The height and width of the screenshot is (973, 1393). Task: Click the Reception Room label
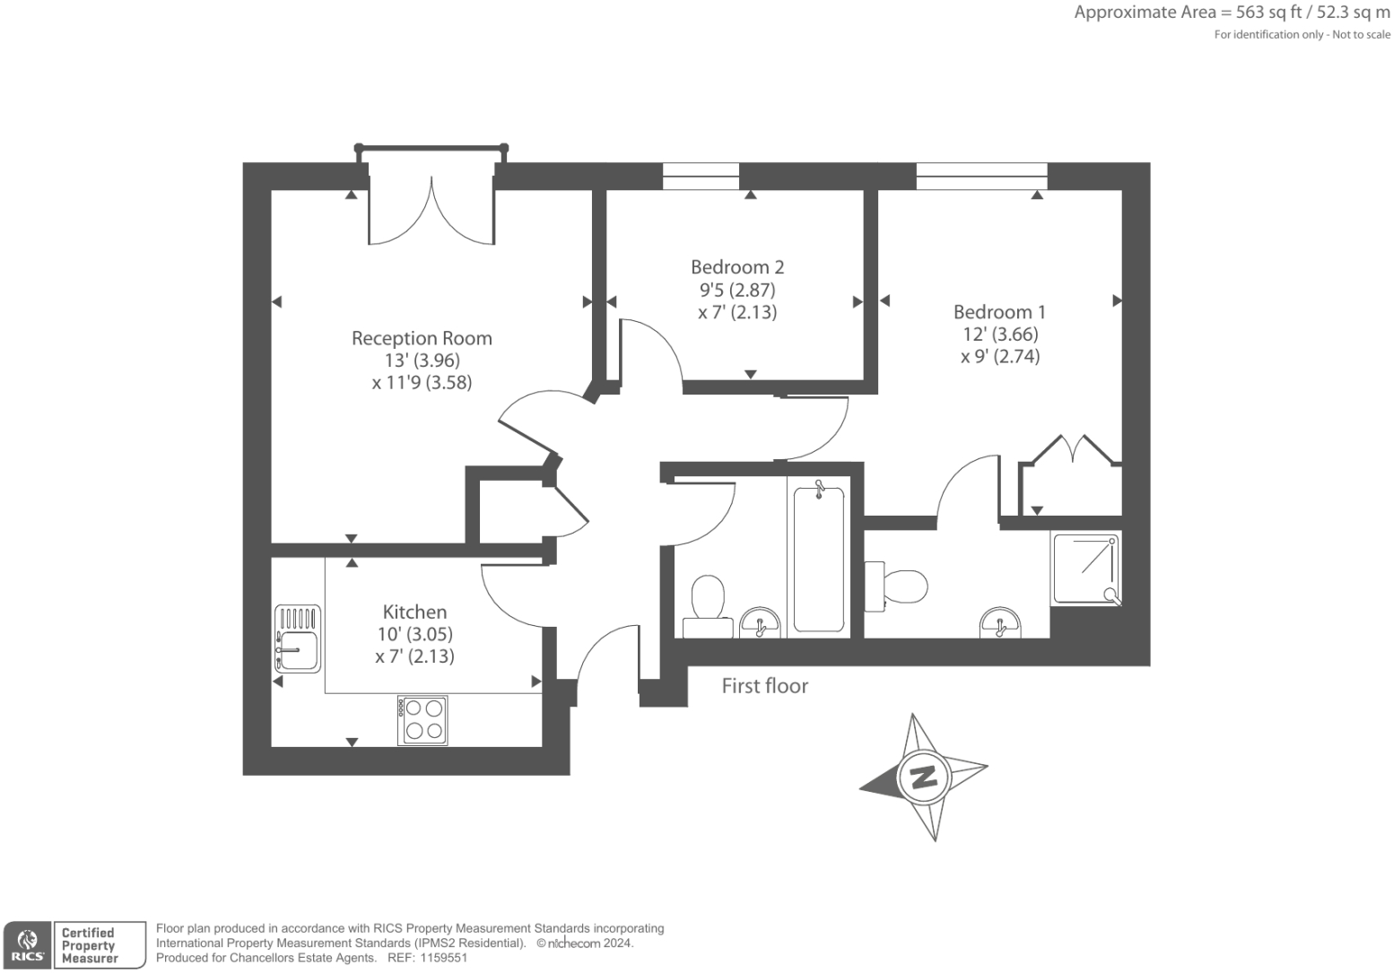[422, 339]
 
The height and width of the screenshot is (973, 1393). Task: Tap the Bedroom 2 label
[737, 267]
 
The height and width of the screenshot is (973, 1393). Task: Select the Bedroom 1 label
[999, 312]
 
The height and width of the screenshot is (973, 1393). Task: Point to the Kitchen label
[414, 612]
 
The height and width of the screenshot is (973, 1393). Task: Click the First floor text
[765, 686]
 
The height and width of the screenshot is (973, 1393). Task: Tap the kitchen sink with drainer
[298, 639]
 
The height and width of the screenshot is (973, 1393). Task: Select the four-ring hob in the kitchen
[422, 720]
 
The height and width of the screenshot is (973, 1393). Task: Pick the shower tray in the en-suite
[1085, 568]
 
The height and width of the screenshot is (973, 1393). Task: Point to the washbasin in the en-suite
[999, 622]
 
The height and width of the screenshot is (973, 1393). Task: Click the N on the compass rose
[923, 777]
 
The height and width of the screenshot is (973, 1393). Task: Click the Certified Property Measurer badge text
[89, 945]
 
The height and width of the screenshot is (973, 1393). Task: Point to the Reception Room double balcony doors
[431, 211]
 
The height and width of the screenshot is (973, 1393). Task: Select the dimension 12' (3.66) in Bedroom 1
[999, 334]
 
